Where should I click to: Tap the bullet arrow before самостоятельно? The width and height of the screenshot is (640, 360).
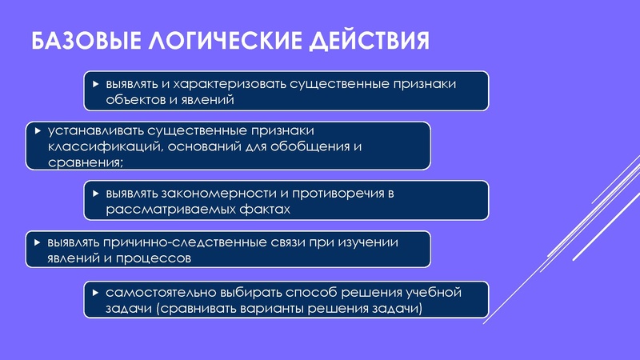(95, 292)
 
